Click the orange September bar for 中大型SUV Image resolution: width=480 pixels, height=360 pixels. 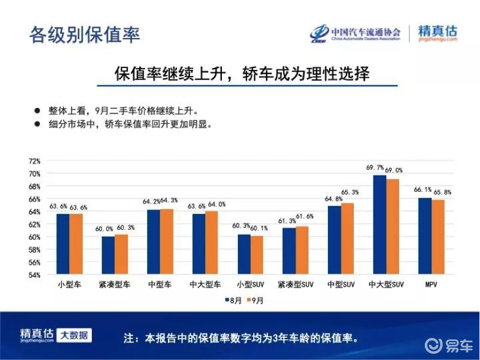click(x=393, y=226)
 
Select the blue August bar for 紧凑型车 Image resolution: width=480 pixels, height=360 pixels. click(x=109, y=255)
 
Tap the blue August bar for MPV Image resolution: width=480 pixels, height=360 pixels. click(x=425, y=236)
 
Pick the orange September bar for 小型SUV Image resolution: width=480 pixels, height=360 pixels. click(x=257, y=255)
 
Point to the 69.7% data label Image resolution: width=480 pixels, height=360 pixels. click(x=375, y=167)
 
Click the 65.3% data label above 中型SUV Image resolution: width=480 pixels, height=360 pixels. click(x=349, y=193)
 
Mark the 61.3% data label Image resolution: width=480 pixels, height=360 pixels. click(x=287, y=221)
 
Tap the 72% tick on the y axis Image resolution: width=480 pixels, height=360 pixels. click(x=34, y=161)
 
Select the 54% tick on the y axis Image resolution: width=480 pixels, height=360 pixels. click(x=34, y=275)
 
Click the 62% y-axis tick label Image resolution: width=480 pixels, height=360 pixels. click(x=34, y=224)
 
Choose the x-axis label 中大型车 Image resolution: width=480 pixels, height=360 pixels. click(x=205, y=285)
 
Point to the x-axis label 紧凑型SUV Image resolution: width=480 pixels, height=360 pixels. click(x=295, y=285)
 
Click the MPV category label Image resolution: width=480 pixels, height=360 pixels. click(x=432, y=285)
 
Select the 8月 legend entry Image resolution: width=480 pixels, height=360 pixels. click(x=234, y=301)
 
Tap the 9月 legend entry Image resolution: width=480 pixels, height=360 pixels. click(x=255, y=301)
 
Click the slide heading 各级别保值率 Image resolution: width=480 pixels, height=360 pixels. click(x=85, y=34)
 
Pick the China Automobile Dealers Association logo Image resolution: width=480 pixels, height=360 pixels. click(x=355, y=33)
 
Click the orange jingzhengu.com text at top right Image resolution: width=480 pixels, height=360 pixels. click(x=438, y=39)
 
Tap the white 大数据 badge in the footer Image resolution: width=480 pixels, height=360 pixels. click(x=74, y=335)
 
